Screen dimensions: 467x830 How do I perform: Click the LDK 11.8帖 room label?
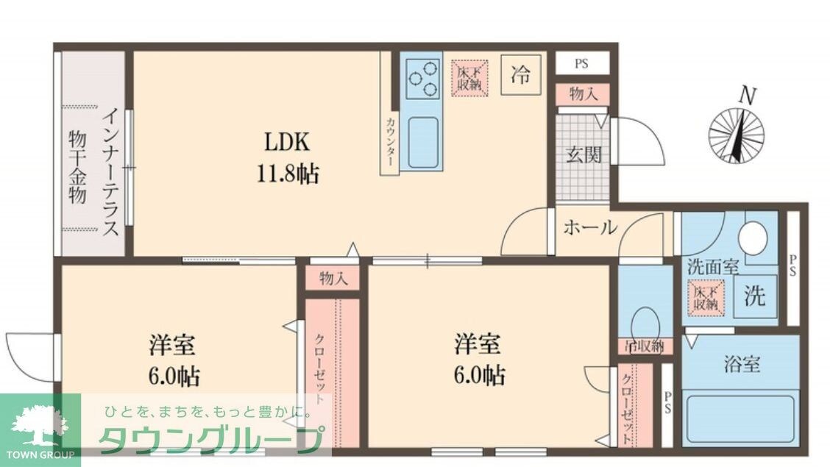287,157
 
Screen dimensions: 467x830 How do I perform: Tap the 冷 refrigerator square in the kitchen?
521,75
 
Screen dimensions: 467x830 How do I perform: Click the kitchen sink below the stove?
422,140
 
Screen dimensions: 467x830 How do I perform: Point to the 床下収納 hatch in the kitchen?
469,76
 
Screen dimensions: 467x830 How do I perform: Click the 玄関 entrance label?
584,155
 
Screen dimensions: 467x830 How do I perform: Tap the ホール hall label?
590,228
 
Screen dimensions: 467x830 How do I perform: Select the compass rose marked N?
736,134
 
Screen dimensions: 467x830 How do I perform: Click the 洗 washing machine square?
755,296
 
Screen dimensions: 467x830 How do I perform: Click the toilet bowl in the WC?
645,322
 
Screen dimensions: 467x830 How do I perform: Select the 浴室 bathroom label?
741,363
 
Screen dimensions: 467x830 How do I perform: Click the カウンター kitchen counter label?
389,140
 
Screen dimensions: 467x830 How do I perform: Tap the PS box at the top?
581,63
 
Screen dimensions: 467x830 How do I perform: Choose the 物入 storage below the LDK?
333,278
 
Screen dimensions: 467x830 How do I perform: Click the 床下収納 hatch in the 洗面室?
706,296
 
